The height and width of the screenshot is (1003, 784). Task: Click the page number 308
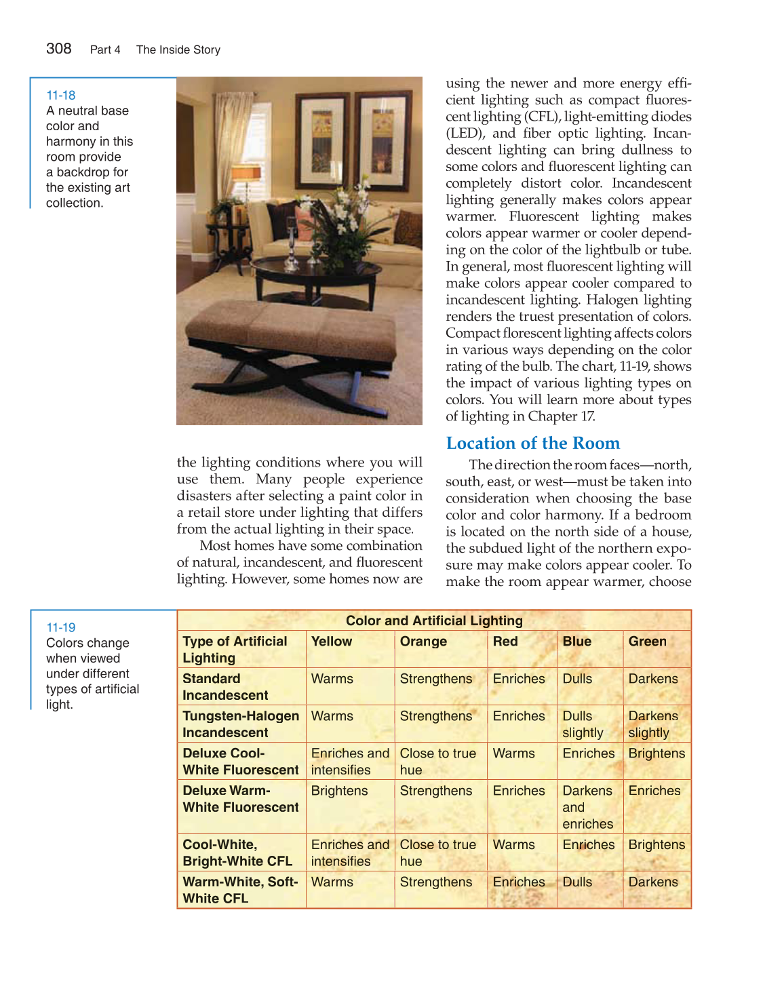(59, 48)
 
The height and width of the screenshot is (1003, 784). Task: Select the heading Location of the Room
(532, 443)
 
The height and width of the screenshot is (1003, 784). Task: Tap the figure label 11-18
(61, 95)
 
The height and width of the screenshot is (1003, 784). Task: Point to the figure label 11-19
(61, 627)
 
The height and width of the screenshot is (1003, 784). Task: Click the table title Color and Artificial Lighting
(434, 621)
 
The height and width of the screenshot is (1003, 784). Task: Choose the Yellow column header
(332, 642)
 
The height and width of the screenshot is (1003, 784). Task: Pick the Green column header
(647, 642)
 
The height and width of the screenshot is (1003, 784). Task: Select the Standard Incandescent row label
(225, 686)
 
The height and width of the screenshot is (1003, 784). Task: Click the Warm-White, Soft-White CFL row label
(240, 890)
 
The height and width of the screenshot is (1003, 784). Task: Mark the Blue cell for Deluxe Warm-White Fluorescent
(587, 807)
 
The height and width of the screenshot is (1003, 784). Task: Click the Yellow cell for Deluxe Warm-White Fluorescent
(339, 791)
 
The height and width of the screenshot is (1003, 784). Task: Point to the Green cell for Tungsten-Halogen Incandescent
(652, 724)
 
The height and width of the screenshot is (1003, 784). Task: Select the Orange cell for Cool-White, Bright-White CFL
(437, 853)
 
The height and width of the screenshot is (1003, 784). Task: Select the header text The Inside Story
(178, 50)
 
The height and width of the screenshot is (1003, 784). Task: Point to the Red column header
(505, 642)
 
